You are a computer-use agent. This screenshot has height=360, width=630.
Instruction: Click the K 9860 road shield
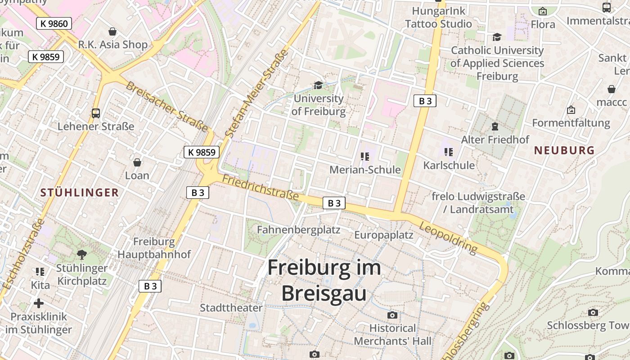[x=54, y=23]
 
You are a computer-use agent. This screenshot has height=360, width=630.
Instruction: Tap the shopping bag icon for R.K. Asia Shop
[x=112, y=31]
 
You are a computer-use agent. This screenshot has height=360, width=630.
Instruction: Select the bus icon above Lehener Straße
[x=96, y=113]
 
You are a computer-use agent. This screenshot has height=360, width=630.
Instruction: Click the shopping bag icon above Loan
[x=137, y=162]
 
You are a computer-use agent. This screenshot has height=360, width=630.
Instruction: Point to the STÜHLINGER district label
[x=80, y=193]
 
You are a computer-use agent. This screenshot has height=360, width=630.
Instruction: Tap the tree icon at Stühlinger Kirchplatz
[x=82, y=255]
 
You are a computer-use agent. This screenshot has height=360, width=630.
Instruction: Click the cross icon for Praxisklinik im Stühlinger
[x=39, y=303]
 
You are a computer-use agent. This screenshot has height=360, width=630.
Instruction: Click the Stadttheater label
[x=231, y=308]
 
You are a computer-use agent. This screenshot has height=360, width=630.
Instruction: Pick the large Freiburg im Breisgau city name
[x=324, y=280]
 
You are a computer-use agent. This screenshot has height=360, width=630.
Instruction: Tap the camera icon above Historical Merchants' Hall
[x=392, y=315]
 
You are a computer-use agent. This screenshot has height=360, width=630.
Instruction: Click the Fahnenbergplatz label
[x=298, y=229]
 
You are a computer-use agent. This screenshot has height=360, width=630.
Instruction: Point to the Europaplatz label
[x=383, y=235]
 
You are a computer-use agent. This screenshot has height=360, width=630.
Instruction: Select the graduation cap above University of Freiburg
[x=318, y=85]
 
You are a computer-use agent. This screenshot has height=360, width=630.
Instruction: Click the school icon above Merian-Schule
[x=365, y=157]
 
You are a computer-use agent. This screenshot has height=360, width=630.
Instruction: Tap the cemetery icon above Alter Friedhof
[x=495, y=126]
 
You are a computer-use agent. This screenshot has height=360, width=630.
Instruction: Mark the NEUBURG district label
[x=564, y=150]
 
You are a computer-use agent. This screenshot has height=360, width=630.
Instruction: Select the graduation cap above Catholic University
[x=497, y=37]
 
